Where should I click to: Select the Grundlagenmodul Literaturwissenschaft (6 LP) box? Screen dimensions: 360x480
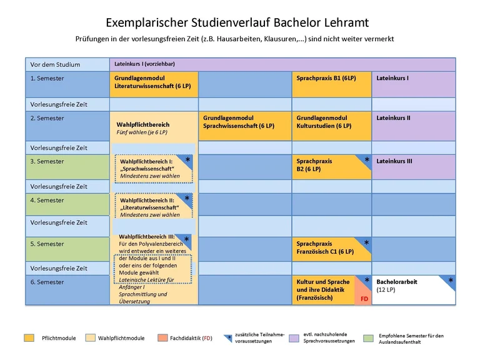click(x=154, y=84)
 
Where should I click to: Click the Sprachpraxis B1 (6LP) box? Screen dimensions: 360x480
click(x=331, y=84)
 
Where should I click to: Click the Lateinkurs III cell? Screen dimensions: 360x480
click(x=413, y=167)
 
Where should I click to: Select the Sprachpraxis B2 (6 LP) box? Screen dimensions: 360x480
click(x=331, y=166)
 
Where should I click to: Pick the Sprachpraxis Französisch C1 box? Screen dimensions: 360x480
click(x=331, y=249)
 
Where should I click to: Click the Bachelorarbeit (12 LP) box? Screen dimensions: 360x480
click(x=413, y=289)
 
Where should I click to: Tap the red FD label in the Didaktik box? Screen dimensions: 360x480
click(x=364, y=299)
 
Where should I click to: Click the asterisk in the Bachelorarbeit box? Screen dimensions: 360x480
click(x=451, y=281)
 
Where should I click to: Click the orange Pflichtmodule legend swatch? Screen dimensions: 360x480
click(x=29, y=338)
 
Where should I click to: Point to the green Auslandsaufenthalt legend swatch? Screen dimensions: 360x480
click(x=367, y=338)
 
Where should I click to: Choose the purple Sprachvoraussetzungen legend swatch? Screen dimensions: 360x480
click(x=294, y=338)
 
